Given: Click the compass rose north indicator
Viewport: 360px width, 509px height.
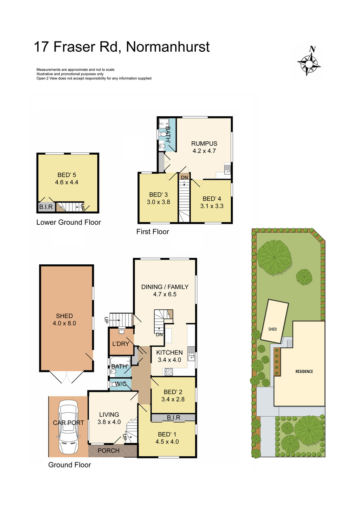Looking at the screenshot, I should coord(309,61).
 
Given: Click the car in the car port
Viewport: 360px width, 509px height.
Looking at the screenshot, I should coord(68,427).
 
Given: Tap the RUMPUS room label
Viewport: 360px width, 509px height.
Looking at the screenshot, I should coord(204,143).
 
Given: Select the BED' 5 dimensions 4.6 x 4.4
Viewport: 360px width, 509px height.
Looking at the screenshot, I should coord(66,182).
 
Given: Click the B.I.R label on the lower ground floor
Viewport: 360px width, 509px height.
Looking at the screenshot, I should coord(46,207).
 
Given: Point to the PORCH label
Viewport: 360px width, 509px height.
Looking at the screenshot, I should coord(108,451).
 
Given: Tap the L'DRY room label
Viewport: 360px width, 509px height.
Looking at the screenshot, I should coord(121,344).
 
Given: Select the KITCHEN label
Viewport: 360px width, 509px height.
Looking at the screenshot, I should coord(169,353).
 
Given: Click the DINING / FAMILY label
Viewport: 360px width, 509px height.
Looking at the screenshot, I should coord(165,287).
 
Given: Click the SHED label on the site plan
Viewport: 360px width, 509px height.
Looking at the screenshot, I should coord(272,329).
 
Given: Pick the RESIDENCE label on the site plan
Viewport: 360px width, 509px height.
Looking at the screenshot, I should coord(304,372).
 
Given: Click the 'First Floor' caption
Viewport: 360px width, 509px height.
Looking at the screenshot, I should coord(153,232).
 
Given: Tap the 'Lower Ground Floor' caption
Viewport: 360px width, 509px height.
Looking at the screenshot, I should coord(69,223).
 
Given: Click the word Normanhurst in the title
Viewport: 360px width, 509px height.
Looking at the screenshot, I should coord(168,47).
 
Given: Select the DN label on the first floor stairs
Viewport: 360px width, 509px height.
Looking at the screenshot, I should coord(184,178).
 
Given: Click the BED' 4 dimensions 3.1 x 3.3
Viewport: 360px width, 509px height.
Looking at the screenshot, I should coord(212,206).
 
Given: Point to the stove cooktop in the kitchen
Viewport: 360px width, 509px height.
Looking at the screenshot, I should coord(169,372).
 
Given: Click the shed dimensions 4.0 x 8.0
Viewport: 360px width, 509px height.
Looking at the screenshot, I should coord(64,323).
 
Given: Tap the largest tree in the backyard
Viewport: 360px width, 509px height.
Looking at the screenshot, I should coord(274,257).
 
